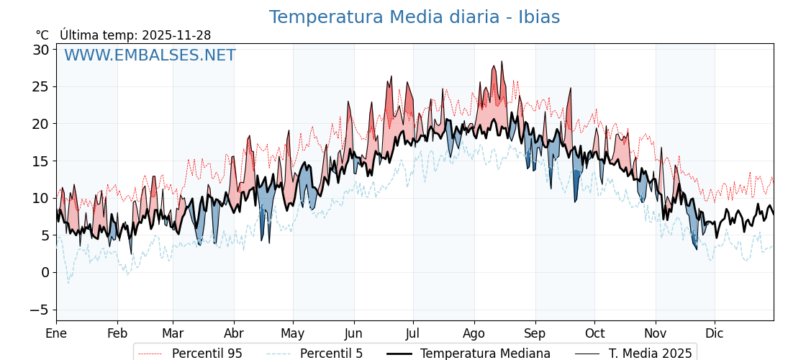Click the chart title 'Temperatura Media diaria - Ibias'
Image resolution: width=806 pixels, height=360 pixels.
(x=414, y=17)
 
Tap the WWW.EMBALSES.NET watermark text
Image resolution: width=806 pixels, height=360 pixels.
(x=150, y=55)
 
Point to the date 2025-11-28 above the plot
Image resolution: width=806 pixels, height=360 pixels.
(x=176, y=35)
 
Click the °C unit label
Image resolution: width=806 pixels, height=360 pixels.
(x=42, y=35)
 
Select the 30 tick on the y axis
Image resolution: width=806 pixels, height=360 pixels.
(x=40, y=50)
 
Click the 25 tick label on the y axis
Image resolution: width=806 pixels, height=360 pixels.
(x=40, y=86)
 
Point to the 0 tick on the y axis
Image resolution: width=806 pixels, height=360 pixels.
(x=45, y=272)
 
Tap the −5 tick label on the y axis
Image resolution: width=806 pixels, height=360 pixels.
(x=39, y=310)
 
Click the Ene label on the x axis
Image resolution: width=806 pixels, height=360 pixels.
(x=56, y=333)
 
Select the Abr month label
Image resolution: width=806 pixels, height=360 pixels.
(x=234, y=333)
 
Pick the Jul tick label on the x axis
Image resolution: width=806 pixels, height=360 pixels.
(x=413, y=333)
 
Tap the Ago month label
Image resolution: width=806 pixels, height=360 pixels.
(x=474, y=333)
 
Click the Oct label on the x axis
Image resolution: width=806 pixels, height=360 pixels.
(x=594, y=333)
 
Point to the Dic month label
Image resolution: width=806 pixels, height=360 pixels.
(x=715, y=333)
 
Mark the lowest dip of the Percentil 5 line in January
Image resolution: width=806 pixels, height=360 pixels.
(x=68, y=283)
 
